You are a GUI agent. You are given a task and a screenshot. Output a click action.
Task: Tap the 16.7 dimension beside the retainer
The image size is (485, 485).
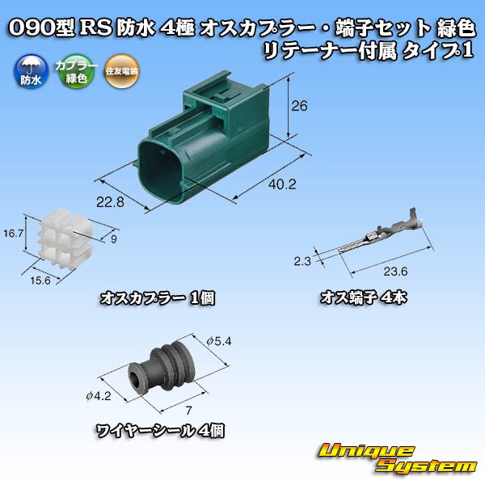click(11, 233)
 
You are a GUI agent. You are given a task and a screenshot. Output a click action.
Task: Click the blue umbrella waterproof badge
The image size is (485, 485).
click(27, 74)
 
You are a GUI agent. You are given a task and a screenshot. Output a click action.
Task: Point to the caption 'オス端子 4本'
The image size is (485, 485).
click(363, 297)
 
